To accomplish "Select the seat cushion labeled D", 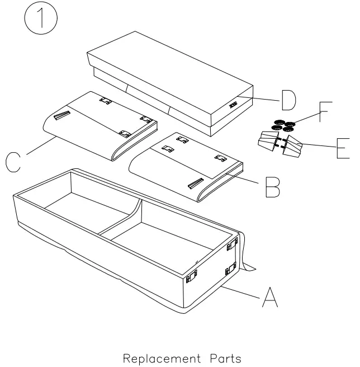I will (x=168, y=84).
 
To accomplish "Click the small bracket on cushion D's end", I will (x=232, y=104).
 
